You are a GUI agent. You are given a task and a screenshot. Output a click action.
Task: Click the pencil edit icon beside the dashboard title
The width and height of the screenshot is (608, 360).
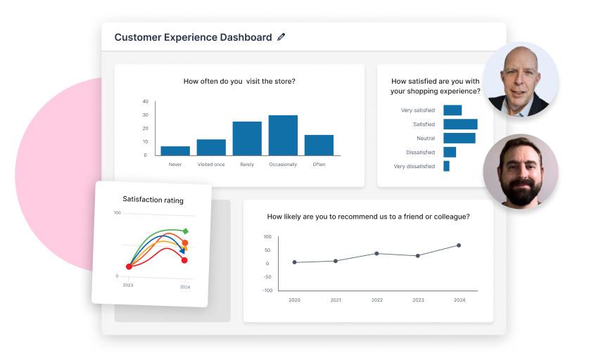281,37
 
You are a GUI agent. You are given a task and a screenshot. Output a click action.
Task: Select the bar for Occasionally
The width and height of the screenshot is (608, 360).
283,135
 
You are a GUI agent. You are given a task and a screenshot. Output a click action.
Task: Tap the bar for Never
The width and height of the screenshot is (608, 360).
175,150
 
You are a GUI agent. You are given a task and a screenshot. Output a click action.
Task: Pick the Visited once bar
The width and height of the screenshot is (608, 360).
211,147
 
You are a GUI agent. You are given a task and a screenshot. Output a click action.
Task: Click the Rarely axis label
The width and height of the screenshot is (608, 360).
247,165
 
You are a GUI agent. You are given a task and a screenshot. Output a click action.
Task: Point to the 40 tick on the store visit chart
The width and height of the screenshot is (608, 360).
145,101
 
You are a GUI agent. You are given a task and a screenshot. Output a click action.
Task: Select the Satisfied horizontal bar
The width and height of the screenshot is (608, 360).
460,124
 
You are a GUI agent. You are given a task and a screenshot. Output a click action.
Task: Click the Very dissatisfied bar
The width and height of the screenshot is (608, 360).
446,167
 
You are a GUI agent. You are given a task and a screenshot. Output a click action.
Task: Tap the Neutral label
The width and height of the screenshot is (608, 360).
426,139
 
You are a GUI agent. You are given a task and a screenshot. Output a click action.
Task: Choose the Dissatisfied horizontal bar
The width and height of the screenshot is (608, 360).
450,153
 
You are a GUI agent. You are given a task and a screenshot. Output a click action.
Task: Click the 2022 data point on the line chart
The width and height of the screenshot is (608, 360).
376,253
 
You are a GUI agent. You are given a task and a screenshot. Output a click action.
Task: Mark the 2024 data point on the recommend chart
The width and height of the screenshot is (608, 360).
459,245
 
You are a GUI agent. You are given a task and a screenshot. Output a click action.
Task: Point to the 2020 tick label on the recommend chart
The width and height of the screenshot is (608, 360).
294,300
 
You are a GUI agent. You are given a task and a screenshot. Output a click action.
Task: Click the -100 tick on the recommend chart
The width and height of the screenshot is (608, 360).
267,290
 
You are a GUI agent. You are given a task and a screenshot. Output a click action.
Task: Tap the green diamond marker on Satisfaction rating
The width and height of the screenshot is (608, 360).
185,231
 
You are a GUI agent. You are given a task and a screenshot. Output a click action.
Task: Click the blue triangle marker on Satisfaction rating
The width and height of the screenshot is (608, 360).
182,250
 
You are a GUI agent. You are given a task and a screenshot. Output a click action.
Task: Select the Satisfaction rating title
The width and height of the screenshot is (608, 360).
153,200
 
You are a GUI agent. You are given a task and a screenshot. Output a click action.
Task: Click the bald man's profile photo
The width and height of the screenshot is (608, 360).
521,79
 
